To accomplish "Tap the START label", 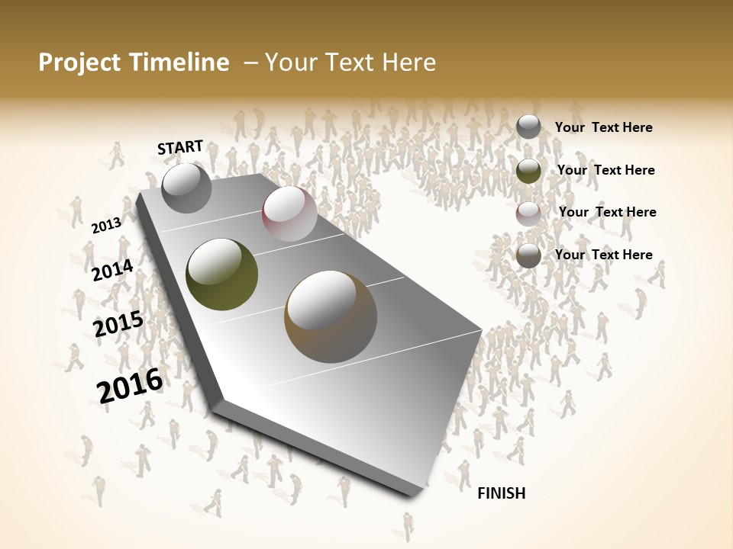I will [180, 147].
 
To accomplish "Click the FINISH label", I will [501, 493].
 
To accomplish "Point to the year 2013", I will [106, 226].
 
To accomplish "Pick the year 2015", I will [118, 324].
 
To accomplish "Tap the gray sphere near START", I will [186, 188].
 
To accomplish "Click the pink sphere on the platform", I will [289, 213].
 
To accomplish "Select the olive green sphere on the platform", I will [221, 274].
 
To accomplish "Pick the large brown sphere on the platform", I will [331, 316].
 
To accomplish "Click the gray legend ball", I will [528, 127].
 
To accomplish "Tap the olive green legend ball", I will [528, 171].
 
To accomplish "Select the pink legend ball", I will [528, 213].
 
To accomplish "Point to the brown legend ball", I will [528, 255].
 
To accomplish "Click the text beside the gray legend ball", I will [603, 128].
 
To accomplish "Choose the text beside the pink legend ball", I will [607, 212].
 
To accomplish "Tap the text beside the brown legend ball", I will [603, 255].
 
